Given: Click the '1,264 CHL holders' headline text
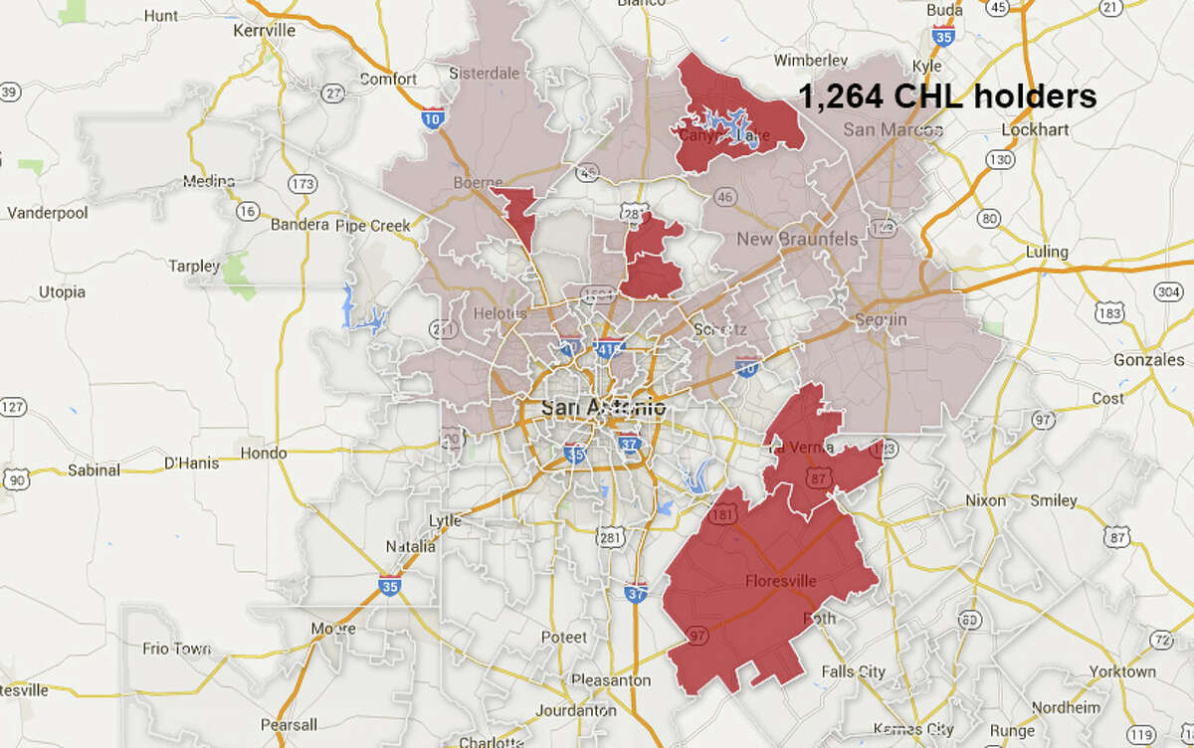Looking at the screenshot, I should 947,96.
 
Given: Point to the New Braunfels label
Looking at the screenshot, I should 790,240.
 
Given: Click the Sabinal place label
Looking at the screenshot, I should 93,469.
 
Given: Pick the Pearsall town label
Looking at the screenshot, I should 288,724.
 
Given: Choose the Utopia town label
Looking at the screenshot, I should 62,292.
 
